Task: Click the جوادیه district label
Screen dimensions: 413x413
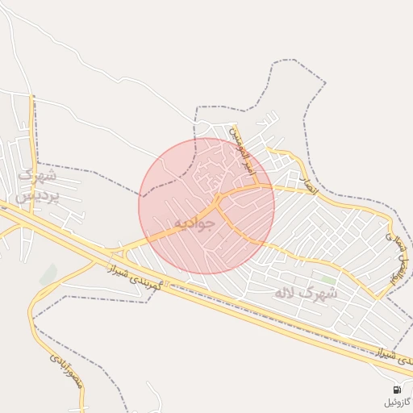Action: coord(194,222)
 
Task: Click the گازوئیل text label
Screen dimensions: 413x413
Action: coord(397,402)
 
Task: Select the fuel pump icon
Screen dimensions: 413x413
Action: coord(397,390)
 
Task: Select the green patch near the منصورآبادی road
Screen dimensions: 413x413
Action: coord(48,274)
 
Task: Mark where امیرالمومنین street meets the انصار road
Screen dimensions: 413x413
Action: coord(258,186)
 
